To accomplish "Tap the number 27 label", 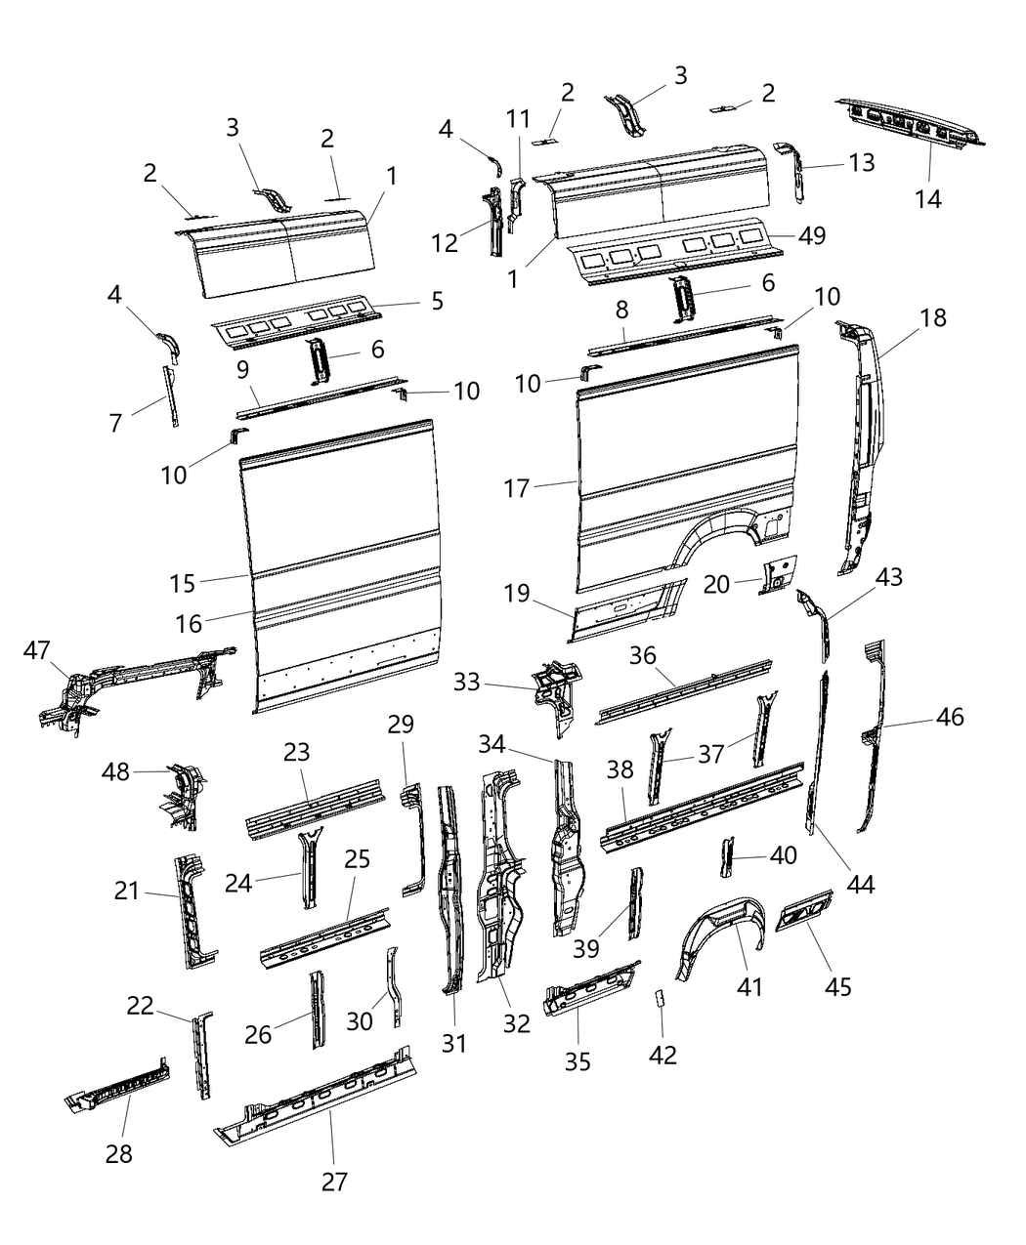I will [x=333, y=1182].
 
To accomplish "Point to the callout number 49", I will [x=811, y=235].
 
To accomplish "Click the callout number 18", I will [x=932, y=317].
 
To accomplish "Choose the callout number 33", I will [x=467, y=681].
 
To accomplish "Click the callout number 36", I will [x=641, y=655].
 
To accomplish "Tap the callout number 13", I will [x=861, y=162].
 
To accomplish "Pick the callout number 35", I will [x=577, y=1060].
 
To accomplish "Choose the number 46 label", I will [x=949, y=717].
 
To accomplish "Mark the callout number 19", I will [x=517, y=593].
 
